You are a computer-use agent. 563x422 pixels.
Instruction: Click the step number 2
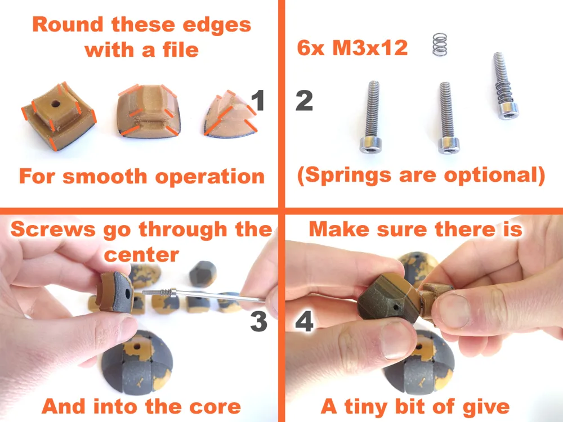pyautogui.click(x=304, y=101)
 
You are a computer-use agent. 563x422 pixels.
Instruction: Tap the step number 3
pyautogui.click(x=258, y=321)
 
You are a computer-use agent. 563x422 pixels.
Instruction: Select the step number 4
pyautogui.click(x=304, y=321)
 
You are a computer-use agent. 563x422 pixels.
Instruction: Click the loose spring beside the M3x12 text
pyautogui.click(x=440, y=44)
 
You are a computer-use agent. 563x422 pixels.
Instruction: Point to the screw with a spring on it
pyautogui.click(x=504, y=86)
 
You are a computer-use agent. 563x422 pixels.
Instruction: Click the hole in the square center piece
pyautogui.click(x=55, y=104)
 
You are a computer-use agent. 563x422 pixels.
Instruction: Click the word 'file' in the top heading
pyautogui.click(x=181, y=50)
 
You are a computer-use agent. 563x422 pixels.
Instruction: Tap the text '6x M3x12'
pyautogui.click(x=352, y=48)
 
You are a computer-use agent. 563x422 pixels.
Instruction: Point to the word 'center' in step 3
pyautogui.click(x=141, y=254)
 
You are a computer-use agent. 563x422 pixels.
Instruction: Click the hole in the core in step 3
pyautogui.click(x=136, y=347)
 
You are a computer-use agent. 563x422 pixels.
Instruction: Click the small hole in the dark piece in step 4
pyautogui.click(x=395, y=308)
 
